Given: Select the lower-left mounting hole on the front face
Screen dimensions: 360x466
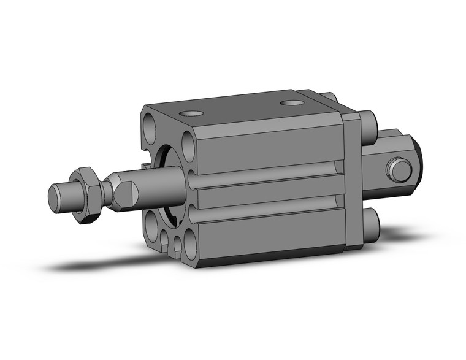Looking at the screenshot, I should point(154,223).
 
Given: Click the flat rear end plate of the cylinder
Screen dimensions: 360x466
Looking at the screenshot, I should point(353,184).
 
